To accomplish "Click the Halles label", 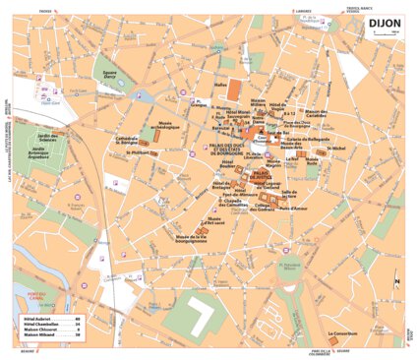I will pyautogui.click(x=220, y=86).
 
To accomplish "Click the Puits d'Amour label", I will pyautogui.click(x=294, y=208).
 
